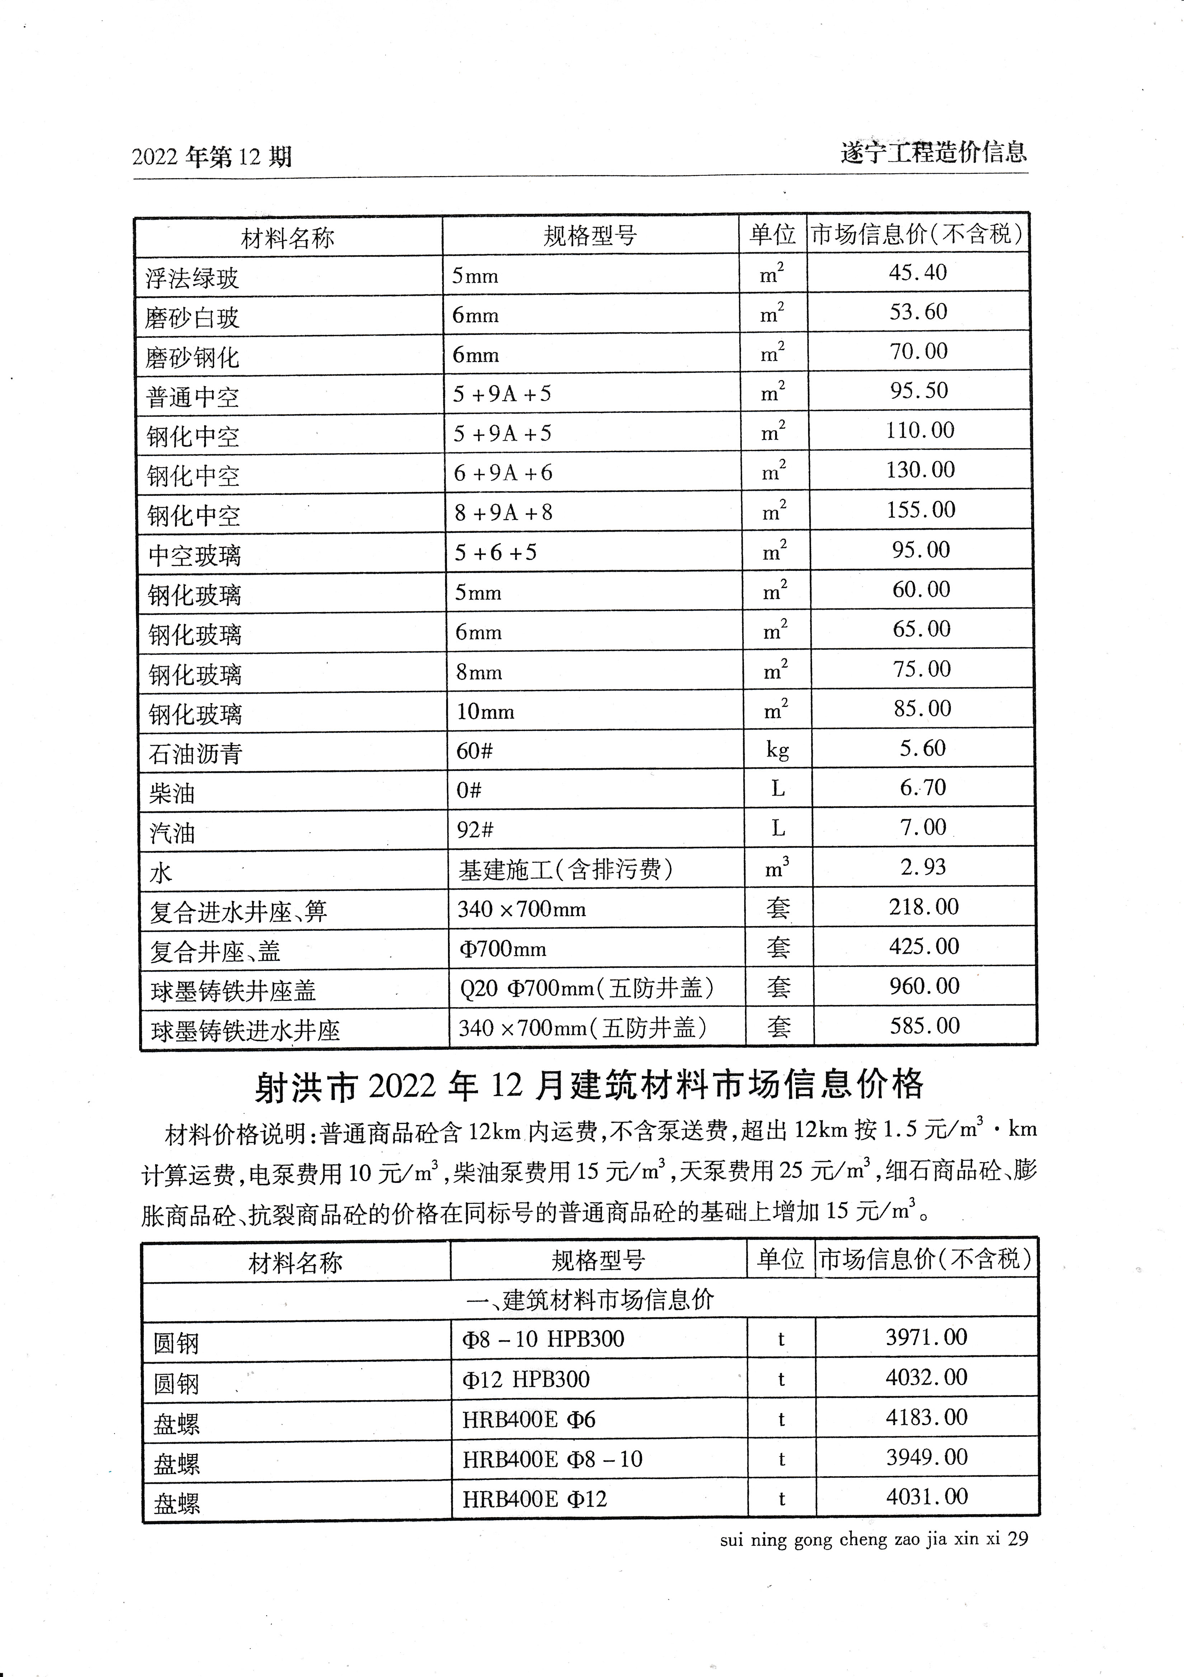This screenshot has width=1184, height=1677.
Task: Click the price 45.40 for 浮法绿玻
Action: pos(918,273)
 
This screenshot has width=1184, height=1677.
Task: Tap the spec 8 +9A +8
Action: pos(503,513)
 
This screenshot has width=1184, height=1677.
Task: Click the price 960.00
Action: pos(924,986)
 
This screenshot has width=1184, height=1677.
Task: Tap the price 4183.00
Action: pos(926,1418)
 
